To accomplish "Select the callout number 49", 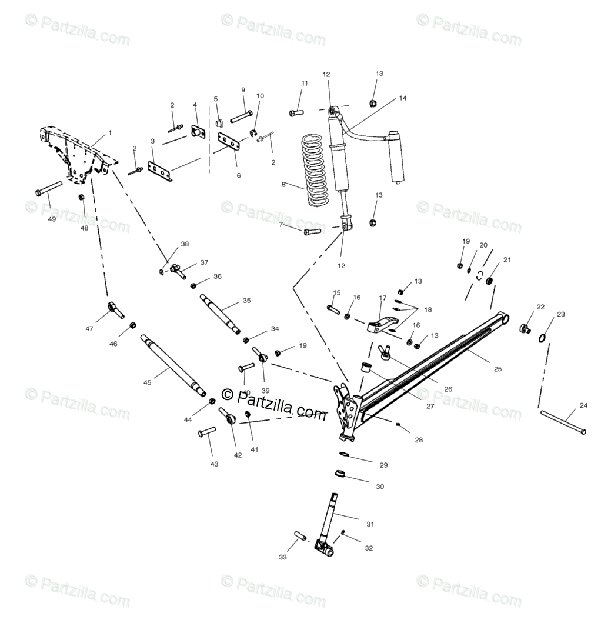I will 52,219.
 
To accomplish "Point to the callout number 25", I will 498,369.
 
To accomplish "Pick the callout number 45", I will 147,382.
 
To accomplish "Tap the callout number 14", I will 402,98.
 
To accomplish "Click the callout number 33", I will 283,557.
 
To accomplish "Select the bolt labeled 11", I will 296,111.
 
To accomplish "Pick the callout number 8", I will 283,184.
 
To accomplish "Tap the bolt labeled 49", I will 49,189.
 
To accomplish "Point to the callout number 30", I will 380,487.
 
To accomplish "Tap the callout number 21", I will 507,259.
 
